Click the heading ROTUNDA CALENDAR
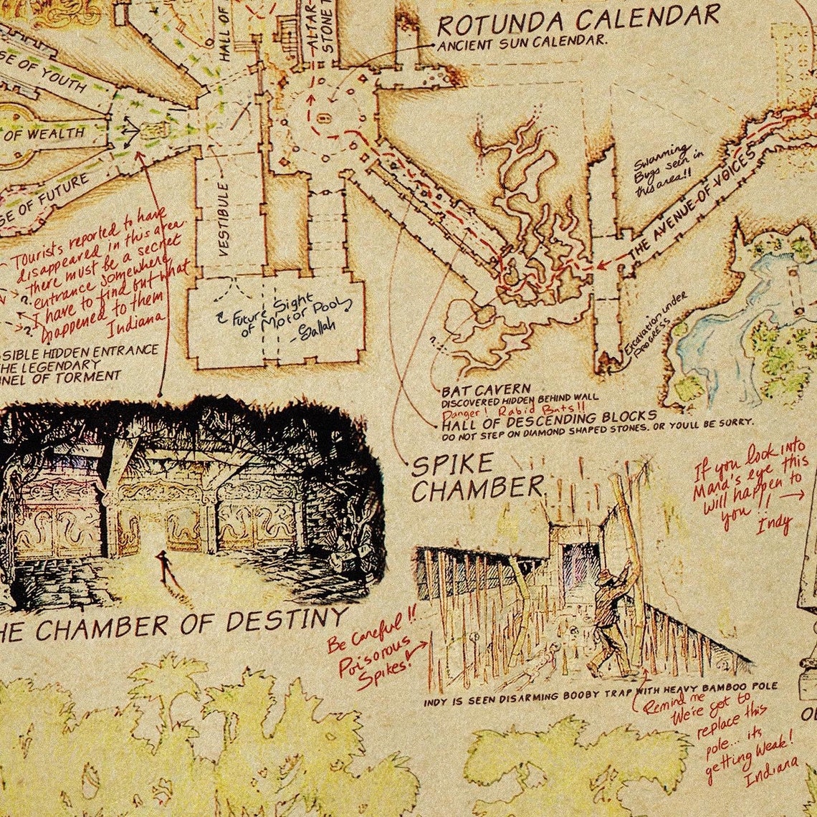[578, 20]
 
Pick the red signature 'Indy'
[773, 525]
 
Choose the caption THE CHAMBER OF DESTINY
[172, 623]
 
